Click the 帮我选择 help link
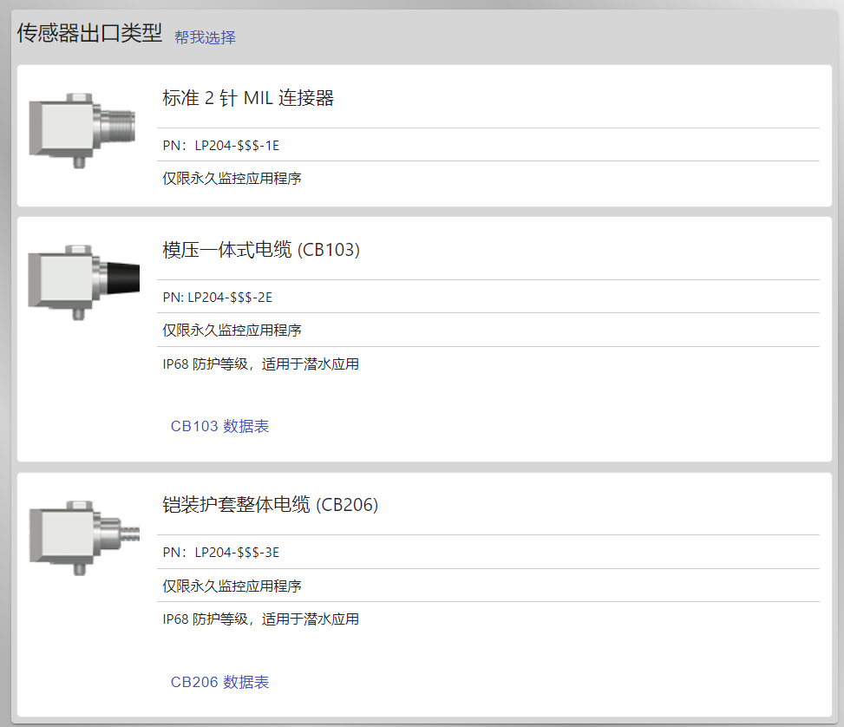click(x=205, y=37)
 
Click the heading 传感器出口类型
click(x=89, y=33)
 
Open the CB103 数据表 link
click(x=219, y=426)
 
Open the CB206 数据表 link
click(x=219, y=682)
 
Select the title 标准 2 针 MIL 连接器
click(x=248, y=98)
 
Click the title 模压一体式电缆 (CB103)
click(x=261, y=250)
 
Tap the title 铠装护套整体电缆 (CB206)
click(x=271, y=505)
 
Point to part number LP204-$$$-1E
click(x=237, y=146)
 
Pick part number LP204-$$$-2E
click(x=230, y=298)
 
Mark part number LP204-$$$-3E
click(x=237, y=553)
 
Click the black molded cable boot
click(x=123, y=278)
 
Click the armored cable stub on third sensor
click(x=130, y=534)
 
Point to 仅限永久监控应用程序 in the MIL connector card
click(x=232, y=178)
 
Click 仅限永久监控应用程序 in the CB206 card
click(x=232, y=586)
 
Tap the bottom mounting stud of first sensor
click(x=79, y=162)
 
